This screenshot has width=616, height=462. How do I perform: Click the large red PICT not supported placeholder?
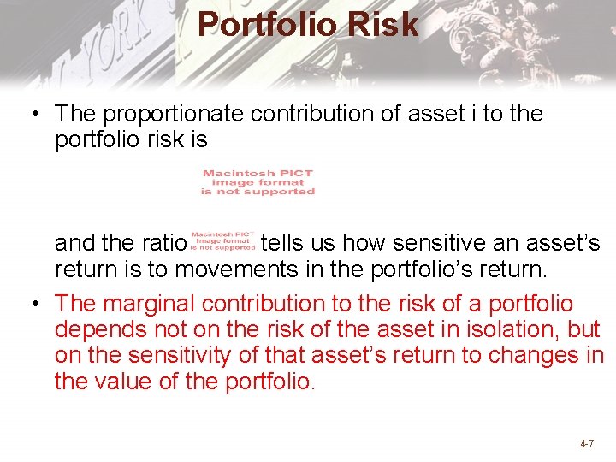pyautogui.click(x=258, y=182)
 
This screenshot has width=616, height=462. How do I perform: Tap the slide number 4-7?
pyautogui.click(x=587, y=444)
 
